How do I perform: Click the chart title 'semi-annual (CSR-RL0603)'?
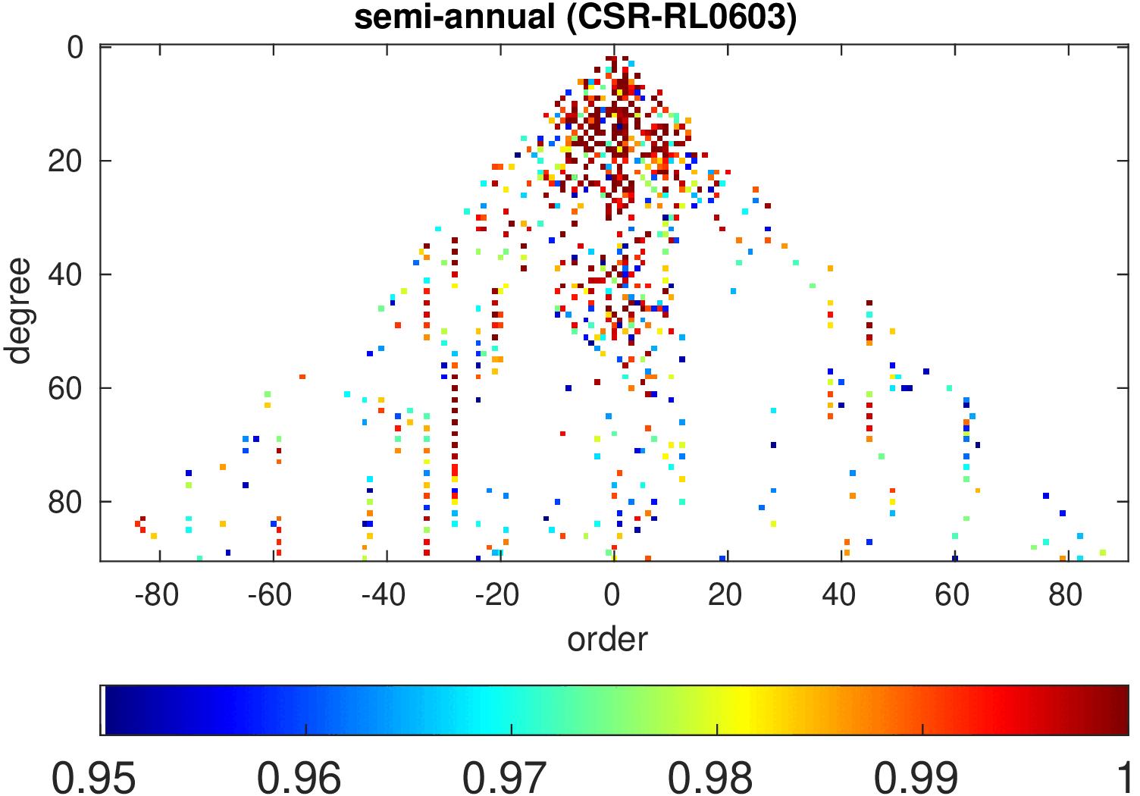pos(575,17)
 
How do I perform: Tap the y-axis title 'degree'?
pos(17,311)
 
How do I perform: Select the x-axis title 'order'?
pos(607,639)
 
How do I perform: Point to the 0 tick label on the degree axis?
pos(76,48)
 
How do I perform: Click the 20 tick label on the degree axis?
pos(65,161)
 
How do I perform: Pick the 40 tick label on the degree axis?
pos(65,275)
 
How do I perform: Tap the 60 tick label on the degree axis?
pos(65,389)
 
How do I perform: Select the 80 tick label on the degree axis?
pos(65,503)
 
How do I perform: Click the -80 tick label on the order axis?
pos(156,596)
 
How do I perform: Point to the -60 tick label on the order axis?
pos(270,596)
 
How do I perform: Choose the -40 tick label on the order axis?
pos(384,596)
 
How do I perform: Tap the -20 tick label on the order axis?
pos(497,596)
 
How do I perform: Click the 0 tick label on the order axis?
pos(612,596)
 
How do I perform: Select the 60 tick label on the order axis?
pos(952,596)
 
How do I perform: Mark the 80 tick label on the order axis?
pos(1066,596)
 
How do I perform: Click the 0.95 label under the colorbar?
pos(93,778)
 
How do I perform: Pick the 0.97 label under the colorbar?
pos(505,778)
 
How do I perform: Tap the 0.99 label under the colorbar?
pos(916,778)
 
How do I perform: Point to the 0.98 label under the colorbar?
pos(710,778)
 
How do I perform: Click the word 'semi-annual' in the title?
pos(455,17)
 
